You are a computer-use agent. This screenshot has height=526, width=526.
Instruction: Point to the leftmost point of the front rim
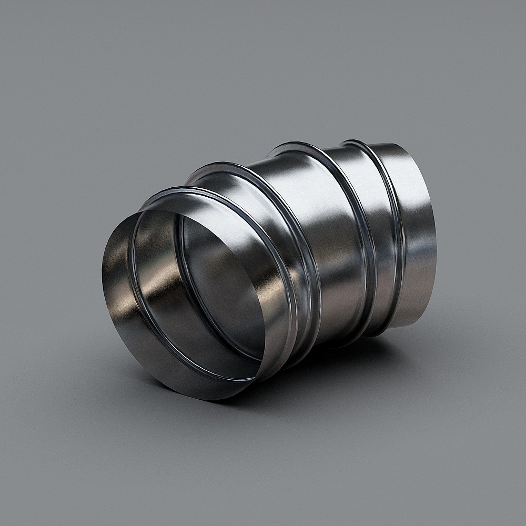pos(102,274)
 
